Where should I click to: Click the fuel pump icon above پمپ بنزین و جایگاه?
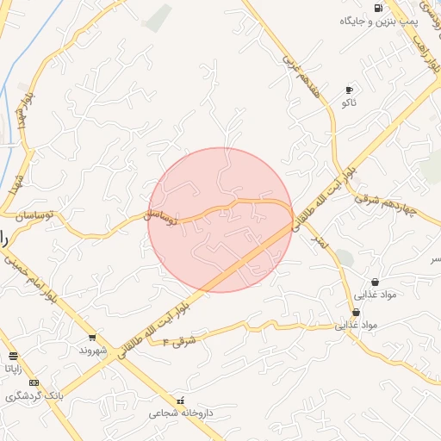coord(378,8)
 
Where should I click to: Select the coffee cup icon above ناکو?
coord(349,90)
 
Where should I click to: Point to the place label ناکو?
coord(349,102)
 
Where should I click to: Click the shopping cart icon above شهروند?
coord(92,338)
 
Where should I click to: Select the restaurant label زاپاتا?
coord(13,369)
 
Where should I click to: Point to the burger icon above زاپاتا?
coord(13,356)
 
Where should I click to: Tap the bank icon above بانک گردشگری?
coord(34,382)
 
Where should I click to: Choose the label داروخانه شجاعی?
coord(179,413)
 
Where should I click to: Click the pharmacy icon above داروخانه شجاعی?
coord(180,401)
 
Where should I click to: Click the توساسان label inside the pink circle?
coord(161,215)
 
